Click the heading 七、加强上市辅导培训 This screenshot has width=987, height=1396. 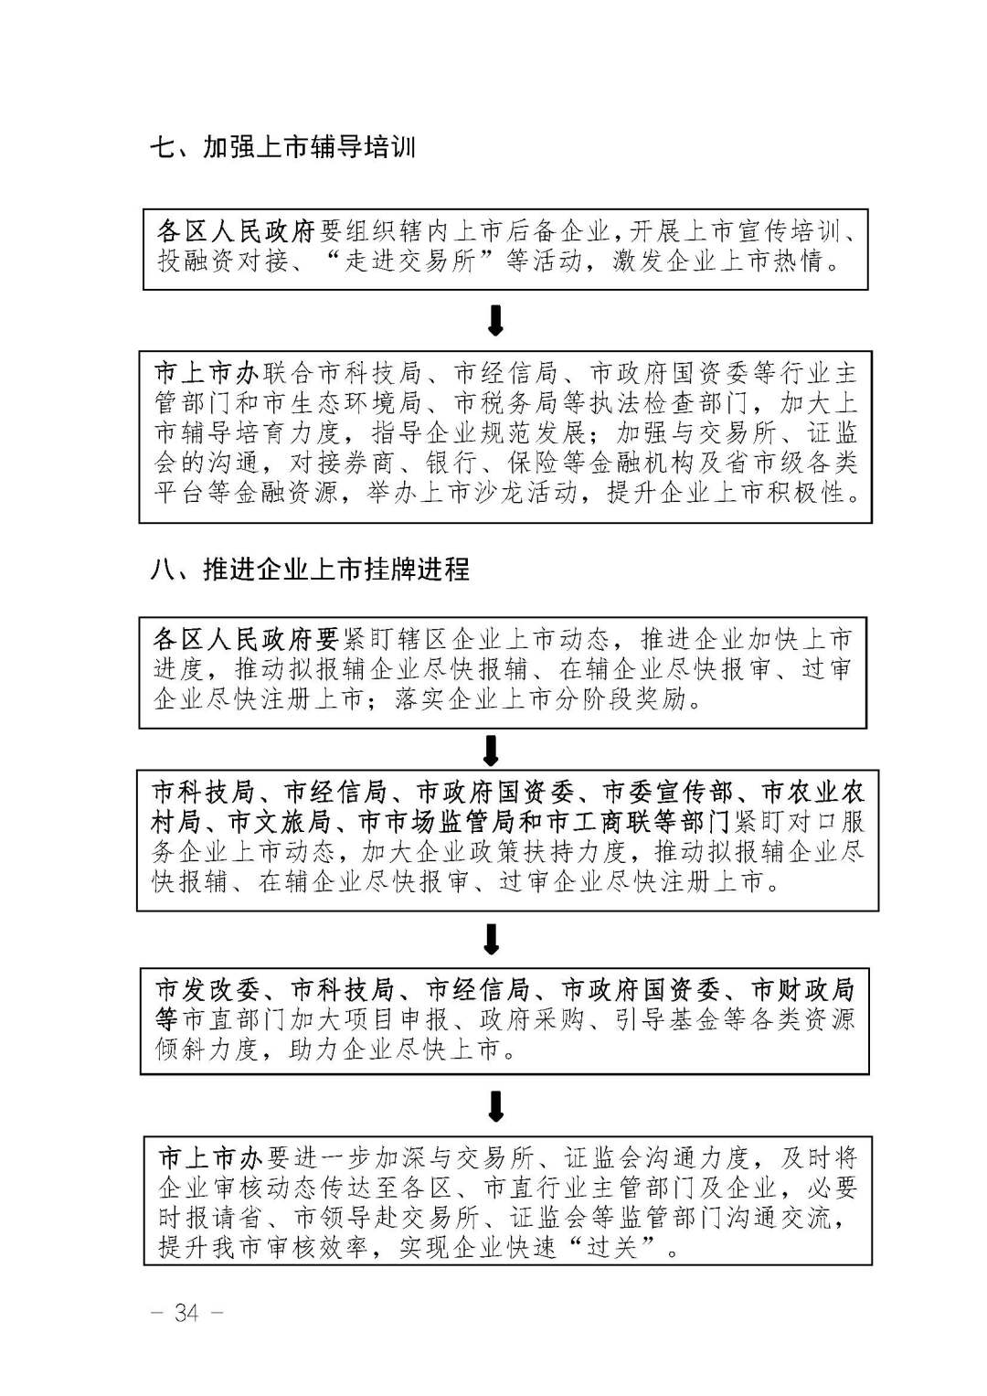282,148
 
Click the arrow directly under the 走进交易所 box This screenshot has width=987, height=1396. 495,320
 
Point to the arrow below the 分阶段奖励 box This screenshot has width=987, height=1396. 492,751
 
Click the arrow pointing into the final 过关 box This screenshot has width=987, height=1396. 495,1106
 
